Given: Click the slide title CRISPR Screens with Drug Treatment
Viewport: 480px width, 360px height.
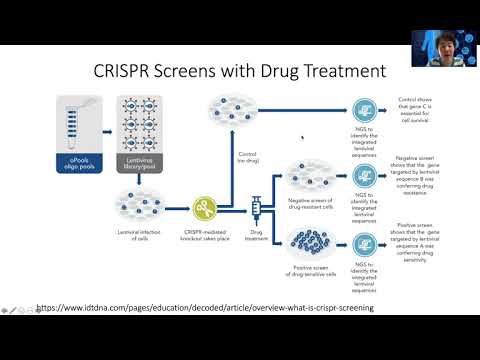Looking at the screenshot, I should coord(239,72).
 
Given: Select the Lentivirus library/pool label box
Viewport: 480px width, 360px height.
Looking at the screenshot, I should coord(140,158).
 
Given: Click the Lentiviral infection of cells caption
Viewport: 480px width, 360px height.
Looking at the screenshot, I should coord(140,237).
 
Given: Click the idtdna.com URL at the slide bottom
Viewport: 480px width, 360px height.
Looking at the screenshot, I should coord(205,308).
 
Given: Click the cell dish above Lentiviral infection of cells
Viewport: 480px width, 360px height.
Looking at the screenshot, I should coord(140,206).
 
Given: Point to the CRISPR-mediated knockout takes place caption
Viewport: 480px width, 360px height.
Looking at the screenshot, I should coord(205,237).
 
